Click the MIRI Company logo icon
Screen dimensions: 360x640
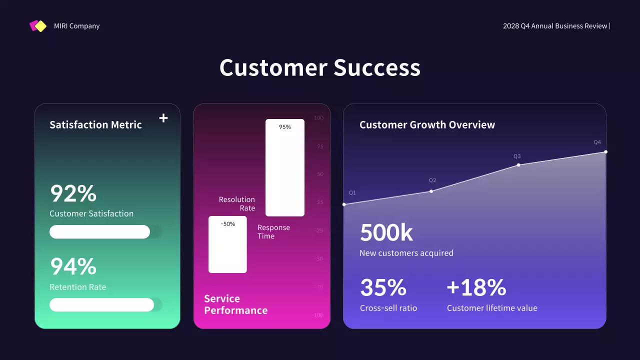38,26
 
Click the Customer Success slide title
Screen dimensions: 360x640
319,67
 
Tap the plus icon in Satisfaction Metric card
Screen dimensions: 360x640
163,118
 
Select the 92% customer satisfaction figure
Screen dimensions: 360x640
73,193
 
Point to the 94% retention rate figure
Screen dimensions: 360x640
73,266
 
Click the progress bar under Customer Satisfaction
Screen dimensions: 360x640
100,232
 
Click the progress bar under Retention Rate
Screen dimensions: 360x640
102,305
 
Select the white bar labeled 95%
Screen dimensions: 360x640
284,167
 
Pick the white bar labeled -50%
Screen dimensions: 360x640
227,244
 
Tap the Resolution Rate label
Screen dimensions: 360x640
237,203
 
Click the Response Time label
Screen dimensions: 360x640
273,231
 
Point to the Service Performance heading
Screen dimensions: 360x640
235,304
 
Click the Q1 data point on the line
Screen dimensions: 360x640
344,204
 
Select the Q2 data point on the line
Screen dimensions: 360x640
431,191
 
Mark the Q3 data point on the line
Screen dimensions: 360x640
518,165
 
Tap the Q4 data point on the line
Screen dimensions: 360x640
605,152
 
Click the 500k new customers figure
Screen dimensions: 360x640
386,232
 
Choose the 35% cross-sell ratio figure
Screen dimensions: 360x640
383,287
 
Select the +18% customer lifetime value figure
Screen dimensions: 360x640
476,287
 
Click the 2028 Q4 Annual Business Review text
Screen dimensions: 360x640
555,26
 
